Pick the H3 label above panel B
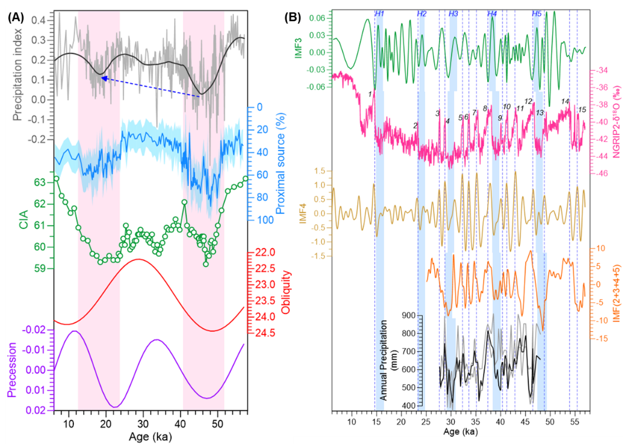point(453,14)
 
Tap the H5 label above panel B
point(537,14)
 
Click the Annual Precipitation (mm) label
point(385,360)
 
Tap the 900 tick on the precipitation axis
point(410,316)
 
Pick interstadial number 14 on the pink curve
point(565,102)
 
